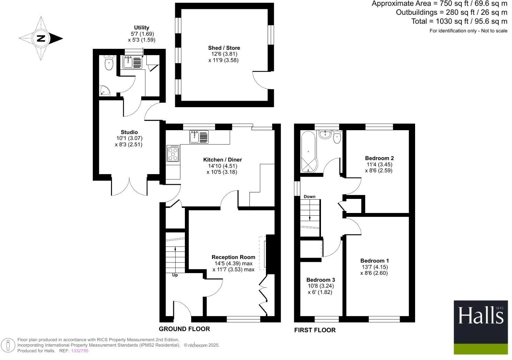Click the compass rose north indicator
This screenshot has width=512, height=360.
pyautogui.click(x=41, y=38)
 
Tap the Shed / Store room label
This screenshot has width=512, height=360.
pyautogui.click(x=224, y=48)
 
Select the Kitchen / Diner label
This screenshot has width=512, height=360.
pyautogui.click(x=222, y=159)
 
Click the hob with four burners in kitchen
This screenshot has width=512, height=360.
pyautogui.click(x=173, y=153)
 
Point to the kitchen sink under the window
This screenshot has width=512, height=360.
pyautogui.click(x=199, y=137)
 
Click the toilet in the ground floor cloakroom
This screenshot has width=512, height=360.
pyautogui.click(x=109, y=63)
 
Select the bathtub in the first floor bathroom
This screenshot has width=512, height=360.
pyautogui.click(x=308, y=151)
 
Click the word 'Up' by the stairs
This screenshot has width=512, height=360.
pyautogui.click(x=175, y=275)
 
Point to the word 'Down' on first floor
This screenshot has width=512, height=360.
pyautogui.click(x=309, y=196)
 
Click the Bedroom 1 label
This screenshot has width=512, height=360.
pyautogui.click(x=375, y=261)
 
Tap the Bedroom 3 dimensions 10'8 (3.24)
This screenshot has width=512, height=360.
pyautogui.click(x=321, y=286)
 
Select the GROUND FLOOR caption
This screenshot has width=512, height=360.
pyautogui.click(x=184, y=329)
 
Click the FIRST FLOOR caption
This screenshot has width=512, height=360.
pyautogui.click(x=315, y=330)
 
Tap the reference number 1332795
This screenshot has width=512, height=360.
pyautogui.click(x=79, y=351)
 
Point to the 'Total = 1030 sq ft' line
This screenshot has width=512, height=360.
pyautogui.click(x=459, y=21)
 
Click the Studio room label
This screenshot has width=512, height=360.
pyautogui.click(x=129, y=132)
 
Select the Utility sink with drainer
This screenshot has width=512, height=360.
pyautogui.click(x=132, y=62)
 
